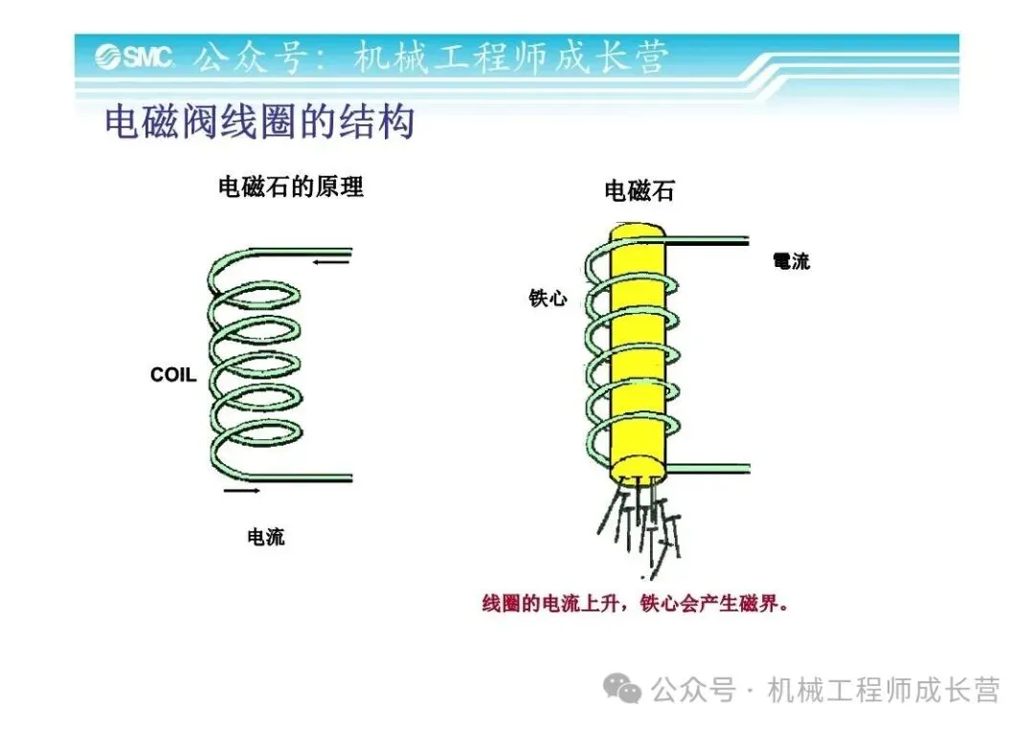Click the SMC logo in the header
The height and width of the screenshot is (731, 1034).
pyautogui.click(x=133, y=57)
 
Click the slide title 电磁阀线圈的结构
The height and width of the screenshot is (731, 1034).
pyautogui.click(x=258, y=122)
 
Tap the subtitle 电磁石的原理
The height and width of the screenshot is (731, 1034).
pyautogui.click(x=291, y=186)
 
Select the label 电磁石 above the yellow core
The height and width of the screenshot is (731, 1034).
pyautogui.click(x=640, y=190)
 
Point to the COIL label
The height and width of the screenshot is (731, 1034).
pyautogui.click(x=173, y=375)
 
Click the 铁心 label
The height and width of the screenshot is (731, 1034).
pyautogui.click(x=548, y=299)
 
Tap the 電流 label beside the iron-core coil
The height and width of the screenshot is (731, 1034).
pyautogui.click(x=791, y=261)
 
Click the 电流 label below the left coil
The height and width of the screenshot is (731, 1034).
pyautogui.click(x=266, y=537)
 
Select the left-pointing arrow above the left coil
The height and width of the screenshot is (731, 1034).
pyautogui.click(x=330, y=260)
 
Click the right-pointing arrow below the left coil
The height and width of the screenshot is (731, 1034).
pyautogui.click(x=241, y=491)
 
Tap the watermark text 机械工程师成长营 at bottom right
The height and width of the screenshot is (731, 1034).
pyautogui.click(x=883, y=690)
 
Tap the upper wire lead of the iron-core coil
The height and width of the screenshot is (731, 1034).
pyautogui.click(x=708, y=242)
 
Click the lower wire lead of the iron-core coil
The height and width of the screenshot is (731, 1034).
pyautogui.click(x=708, y=467)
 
